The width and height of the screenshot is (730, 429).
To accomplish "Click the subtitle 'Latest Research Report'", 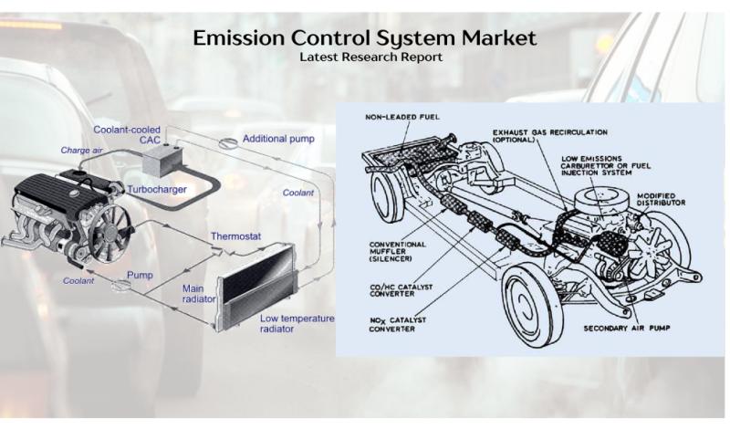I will click(365, 57).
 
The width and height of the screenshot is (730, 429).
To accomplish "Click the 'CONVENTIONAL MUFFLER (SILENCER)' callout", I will click(401, 250).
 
